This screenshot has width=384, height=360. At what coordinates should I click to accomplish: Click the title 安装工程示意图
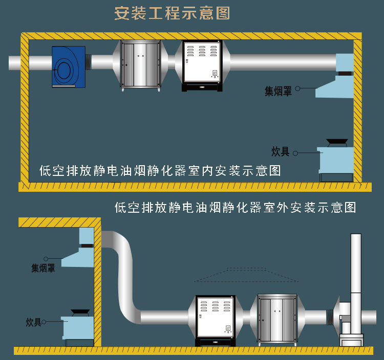[x=172, y=13]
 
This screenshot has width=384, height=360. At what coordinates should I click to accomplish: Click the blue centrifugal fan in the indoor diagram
[x=68, y=66]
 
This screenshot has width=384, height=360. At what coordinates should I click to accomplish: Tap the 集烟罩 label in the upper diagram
[x=278, y=92]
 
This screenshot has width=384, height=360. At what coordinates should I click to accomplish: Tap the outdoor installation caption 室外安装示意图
[x=235, y=208]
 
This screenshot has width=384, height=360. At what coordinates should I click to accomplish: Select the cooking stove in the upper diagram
[x=335, y=161]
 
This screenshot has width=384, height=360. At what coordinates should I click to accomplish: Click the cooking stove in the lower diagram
[x=78, y=327]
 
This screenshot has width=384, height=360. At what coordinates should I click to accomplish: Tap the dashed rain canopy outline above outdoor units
[x=246, y=275]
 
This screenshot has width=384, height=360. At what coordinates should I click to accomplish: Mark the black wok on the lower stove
[x=79, y=311]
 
